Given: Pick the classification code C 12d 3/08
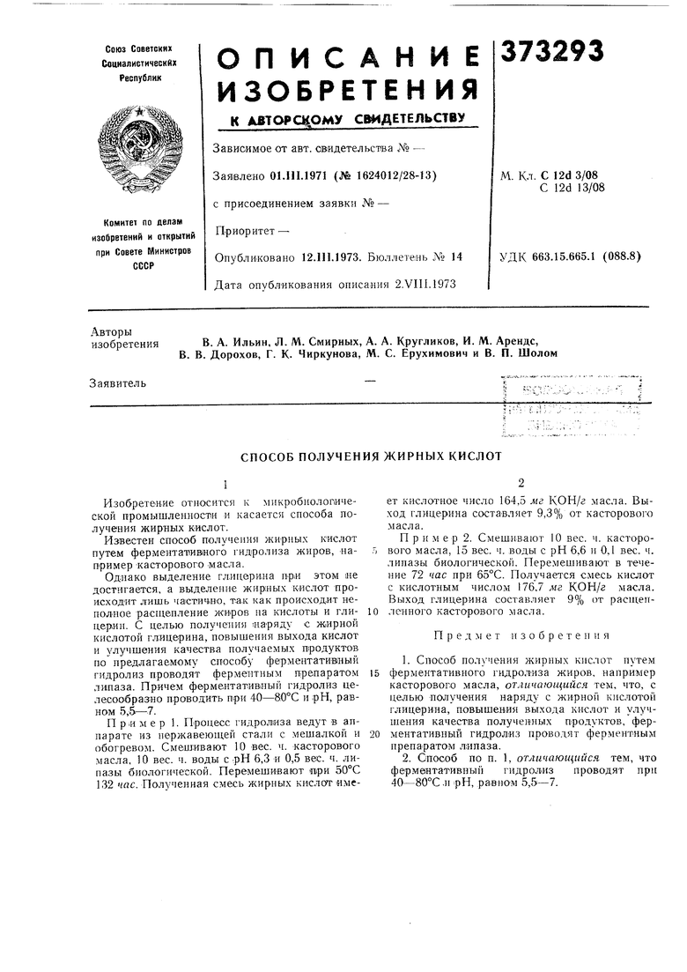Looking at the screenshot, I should [x=578, y=175].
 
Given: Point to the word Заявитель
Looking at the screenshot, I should [x=118, y=382].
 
